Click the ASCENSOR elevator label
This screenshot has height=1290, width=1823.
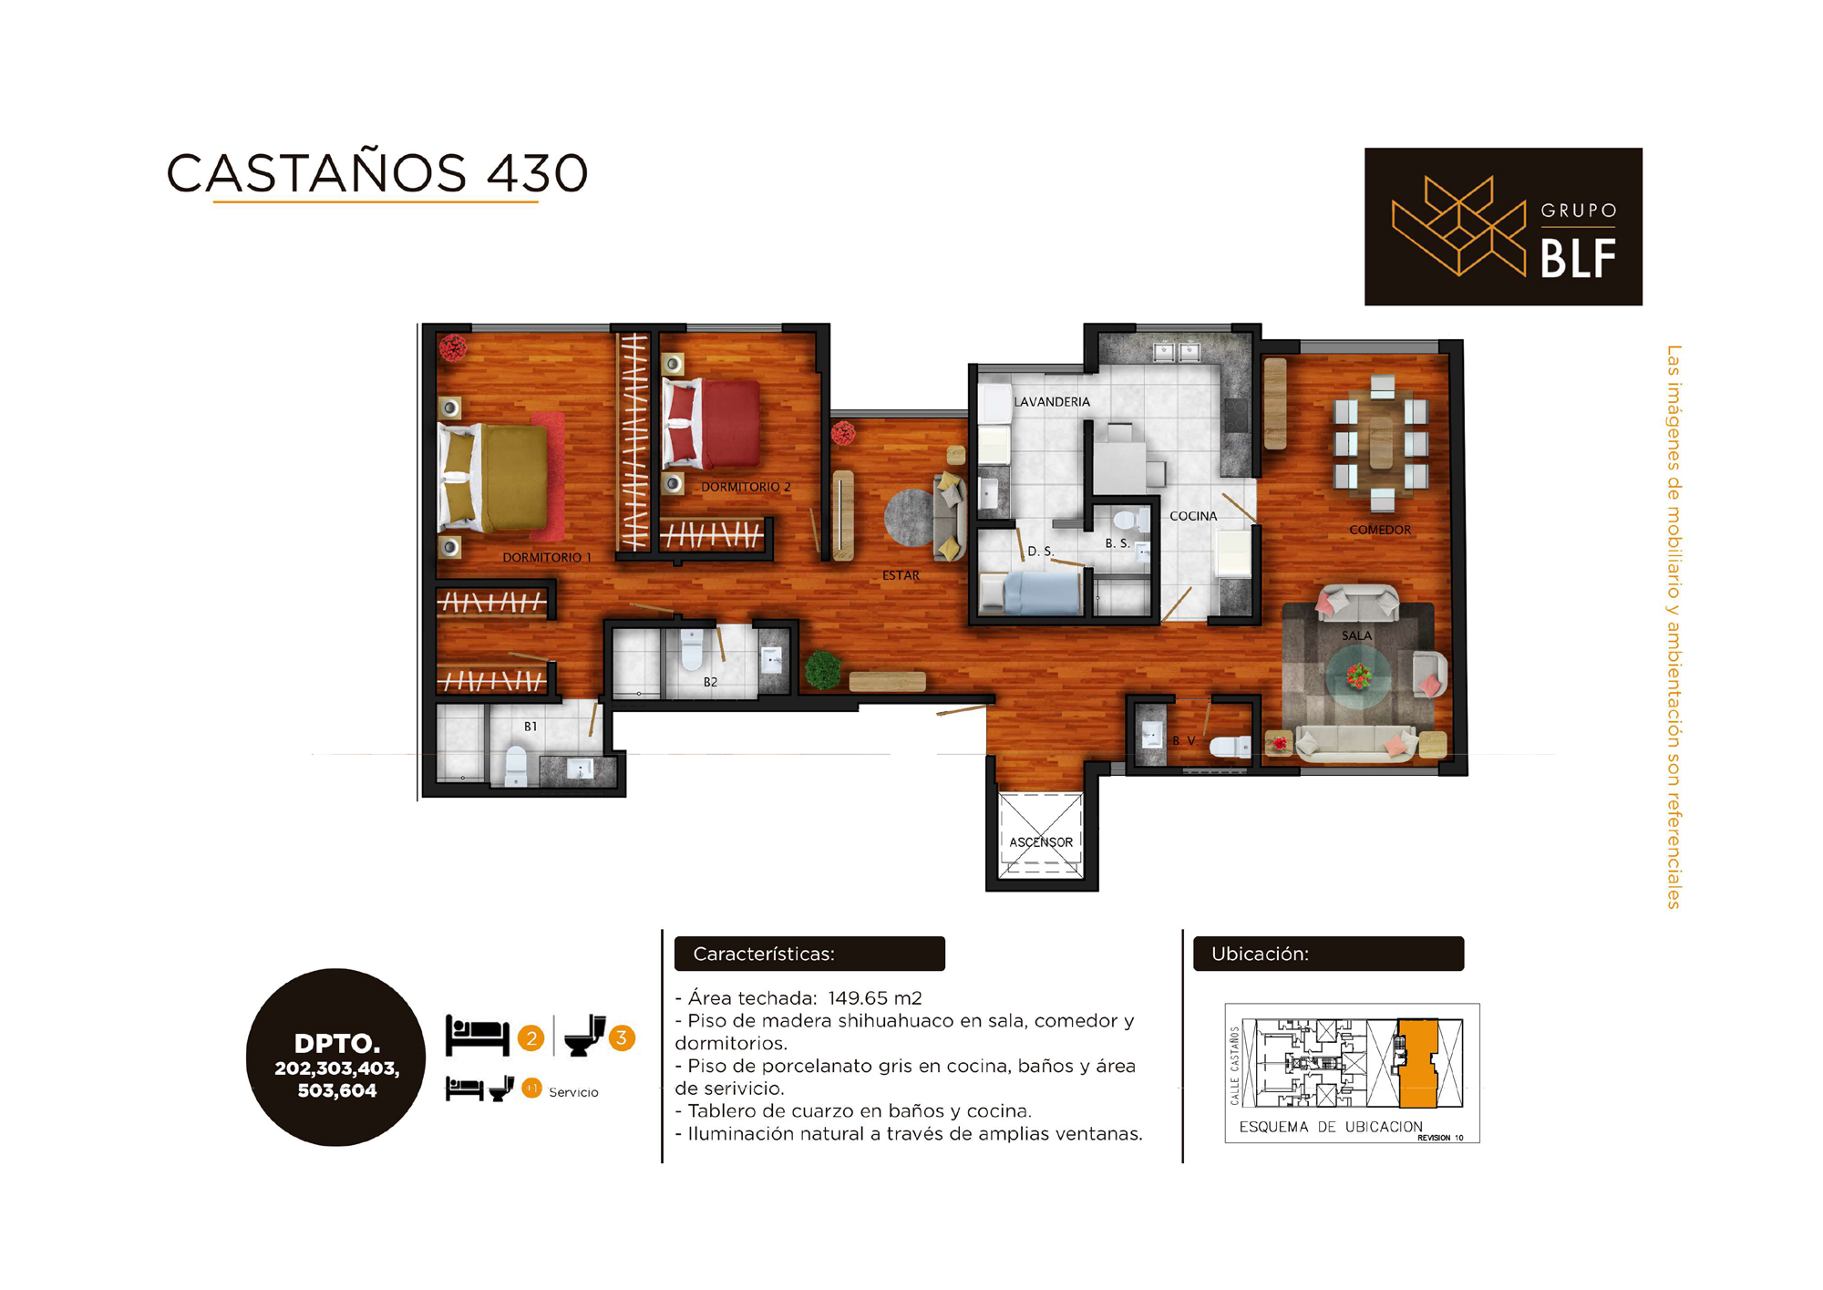[1041, 842]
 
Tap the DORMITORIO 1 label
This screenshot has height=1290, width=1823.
[547, 557]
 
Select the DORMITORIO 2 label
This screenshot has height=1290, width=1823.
[746, 487]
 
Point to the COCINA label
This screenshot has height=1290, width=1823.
[1193, 516]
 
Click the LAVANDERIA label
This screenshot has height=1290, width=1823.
[1052, 402]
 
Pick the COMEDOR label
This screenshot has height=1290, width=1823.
[1380, 530]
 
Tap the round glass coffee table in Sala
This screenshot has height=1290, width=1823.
[1358, 676]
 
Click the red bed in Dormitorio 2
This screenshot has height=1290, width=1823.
[711, 425]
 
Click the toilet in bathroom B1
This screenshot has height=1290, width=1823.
[516, 766]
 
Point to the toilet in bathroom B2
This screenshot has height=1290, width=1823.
[693, 649]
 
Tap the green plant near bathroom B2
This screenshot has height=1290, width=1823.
[823, 670]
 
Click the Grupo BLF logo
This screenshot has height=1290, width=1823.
[1503, 226]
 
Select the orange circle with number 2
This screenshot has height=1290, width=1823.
[530, 1037]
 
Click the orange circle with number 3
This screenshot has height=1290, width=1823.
[622, 1037]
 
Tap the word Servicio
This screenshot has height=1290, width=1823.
[573, 1092]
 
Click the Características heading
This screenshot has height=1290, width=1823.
[764, 954]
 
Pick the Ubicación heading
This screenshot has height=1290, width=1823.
[1260, 954]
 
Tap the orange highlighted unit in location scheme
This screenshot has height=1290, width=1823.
[1417, 1063]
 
